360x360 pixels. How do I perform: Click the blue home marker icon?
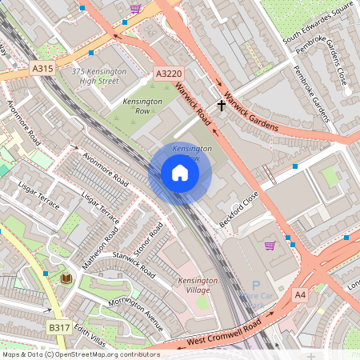pos(180,173)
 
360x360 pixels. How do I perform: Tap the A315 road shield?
pos(43,70)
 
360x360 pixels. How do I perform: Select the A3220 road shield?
pos(168,74)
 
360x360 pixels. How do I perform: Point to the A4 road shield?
pos(300,295)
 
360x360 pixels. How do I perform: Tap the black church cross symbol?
pos(222,105)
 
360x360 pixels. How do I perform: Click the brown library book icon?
pos(66,278)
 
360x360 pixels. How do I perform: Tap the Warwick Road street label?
pos(193,105)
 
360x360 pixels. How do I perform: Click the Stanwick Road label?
pos(134,264)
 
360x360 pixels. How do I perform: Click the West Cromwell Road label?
pos(224,330)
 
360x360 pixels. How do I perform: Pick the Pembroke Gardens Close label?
pos(322,63)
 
